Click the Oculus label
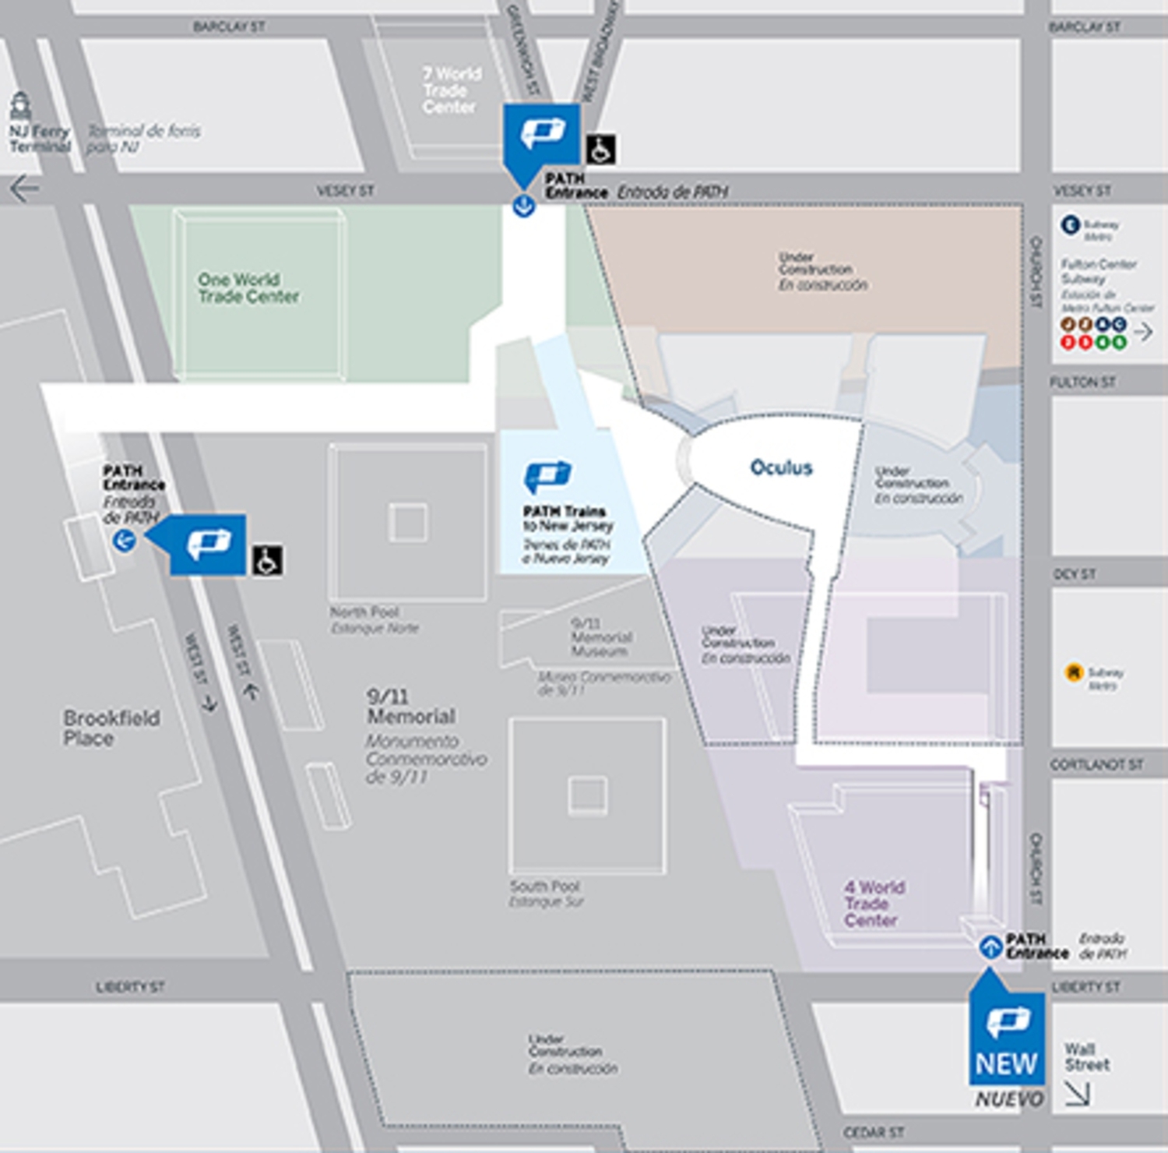pyautogui.click(x=781, y=467)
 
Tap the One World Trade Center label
pyautogui.click(x=248, y=288)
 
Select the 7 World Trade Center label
pyautogui.click(x=452, y=90)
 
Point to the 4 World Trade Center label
pyautogui.click(x=873, y=904)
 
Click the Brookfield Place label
pyautogui.click(x=111, y=728)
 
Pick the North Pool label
pyautogui.click(x=364, y=612)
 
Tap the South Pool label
pyautogui.click(x=544, y=887)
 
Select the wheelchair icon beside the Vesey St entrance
pyautogui.click(x=600, y=149)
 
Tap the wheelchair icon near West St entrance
pyautogui.click(x=267, y=560)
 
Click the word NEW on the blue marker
pyautogui.click(x=1006, y=1063)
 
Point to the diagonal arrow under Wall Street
pyautogui.click(x=1078, y=1095)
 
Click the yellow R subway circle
pyautogui.click(x=1075, y=672)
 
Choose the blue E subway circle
pyautogui.click(x=1071, y=225)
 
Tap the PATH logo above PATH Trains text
pyautogui.click(x=547, y=474)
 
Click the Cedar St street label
pyautogui.click(x=873, y=1132)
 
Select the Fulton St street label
pyautogui.click(x=1082, y=382)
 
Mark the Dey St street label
pyautogui.click(x=1075, y=574)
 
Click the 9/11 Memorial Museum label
pyautogui.click(x=600, y=637)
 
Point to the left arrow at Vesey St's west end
pyautogui.click(x=24, y=189)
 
